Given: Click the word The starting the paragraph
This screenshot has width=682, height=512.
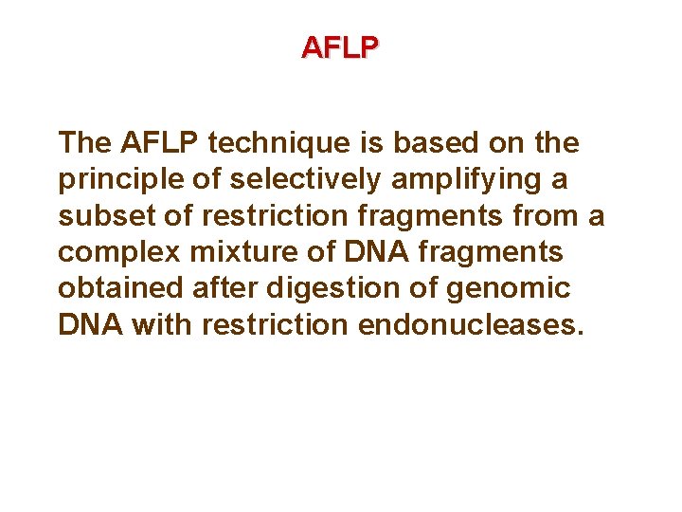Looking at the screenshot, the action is tap(85, 144).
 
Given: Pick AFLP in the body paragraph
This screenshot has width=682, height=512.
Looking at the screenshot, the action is tap(160, 144).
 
